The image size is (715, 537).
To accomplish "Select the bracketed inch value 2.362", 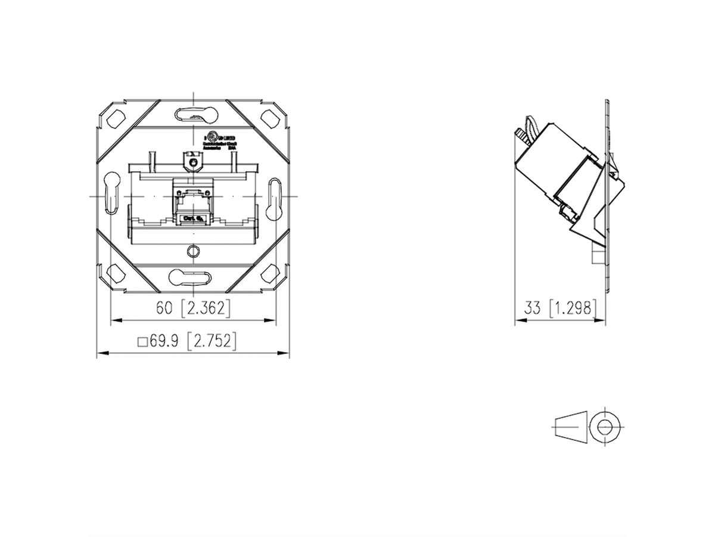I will click(204, 308).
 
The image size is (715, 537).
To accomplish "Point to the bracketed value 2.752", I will click(212, 341).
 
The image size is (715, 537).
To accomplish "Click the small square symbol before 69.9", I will click(142, 342).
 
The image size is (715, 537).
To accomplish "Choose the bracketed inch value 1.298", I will click(573, 308).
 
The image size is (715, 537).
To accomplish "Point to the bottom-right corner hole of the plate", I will click(272, 274).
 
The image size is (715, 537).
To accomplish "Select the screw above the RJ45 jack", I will click(192, 162).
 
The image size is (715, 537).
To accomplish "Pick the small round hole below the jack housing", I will click(192, 250).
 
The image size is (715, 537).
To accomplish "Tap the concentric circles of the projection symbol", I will click(606, 426).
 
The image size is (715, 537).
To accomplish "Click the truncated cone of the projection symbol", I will click(570, 426).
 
